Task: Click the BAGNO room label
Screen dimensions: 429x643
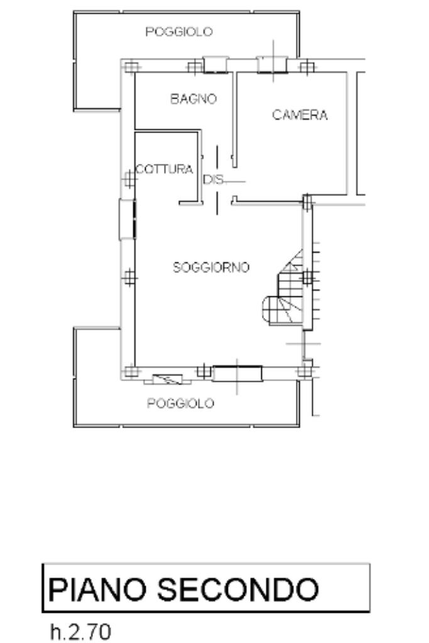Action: pyautogui.click(x=193, y=99)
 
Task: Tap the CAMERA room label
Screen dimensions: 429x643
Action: pyautogui.click(x=300, y=115)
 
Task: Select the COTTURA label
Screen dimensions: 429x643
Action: pyautogui.click(x=165, y=169)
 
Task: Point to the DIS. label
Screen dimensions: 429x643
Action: pyautogui.click(x=214, y=179)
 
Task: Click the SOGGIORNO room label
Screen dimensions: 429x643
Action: pyautogui.click(x=211, y=267)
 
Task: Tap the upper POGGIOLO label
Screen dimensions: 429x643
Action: pyautogui.click(x=179, y=31)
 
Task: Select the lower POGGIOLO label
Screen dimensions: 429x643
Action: pyautogui.click(x=180, y=404)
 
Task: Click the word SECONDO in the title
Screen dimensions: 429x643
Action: pyautogui.click(x=238, y=589)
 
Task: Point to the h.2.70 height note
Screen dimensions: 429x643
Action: pyautogui.click(x=80, y=632)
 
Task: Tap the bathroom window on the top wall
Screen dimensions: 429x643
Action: pyautogui.click(x=215, y=65)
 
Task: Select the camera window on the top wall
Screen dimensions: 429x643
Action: pyautogui.click(x=273, y=65)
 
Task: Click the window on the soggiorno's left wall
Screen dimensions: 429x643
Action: pyautogui.click(x=127, y=219)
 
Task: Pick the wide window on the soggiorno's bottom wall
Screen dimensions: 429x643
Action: pyautogui.click(x=237, y=374)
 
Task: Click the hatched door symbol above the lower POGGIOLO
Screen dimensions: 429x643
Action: pyautogui.click(x=167, y=380)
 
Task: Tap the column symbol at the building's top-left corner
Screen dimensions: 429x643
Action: pyautogui.click(x=131, y=67)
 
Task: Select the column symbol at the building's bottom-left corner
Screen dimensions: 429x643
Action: pyautogui.click(x=131, y=371)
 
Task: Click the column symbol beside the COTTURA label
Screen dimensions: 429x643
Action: pyautogui.click(x=129, y=179)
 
